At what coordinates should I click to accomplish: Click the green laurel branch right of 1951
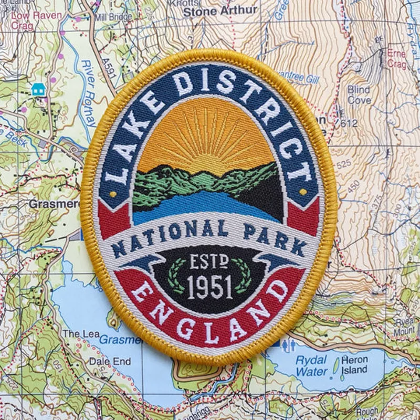coord(245,275)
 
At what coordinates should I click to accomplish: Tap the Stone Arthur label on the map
coord(220,10)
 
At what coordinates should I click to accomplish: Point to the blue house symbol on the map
coord(38,89)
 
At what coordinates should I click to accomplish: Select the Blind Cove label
coord(359,94)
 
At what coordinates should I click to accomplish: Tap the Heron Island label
coord(354,365)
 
